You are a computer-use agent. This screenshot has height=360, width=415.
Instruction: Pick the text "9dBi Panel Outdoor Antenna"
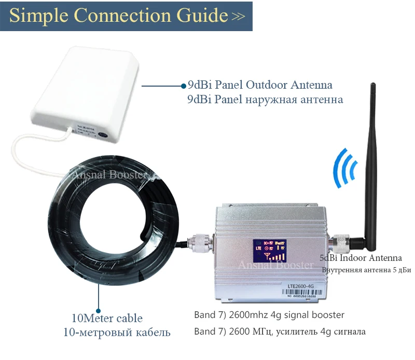click(x=259, y=85)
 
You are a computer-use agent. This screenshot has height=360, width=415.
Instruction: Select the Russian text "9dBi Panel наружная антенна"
click(x=265, y=99)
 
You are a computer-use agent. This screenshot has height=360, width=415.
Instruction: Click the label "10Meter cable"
click(x=107, y=318)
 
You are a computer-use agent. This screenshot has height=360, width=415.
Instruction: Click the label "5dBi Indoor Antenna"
click(x=361, y=258)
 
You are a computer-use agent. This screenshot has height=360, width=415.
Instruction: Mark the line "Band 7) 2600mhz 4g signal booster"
click(x=269, y=315)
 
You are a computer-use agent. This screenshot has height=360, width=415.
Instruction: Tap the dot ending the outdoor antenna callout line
click(x=183, y=85)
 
